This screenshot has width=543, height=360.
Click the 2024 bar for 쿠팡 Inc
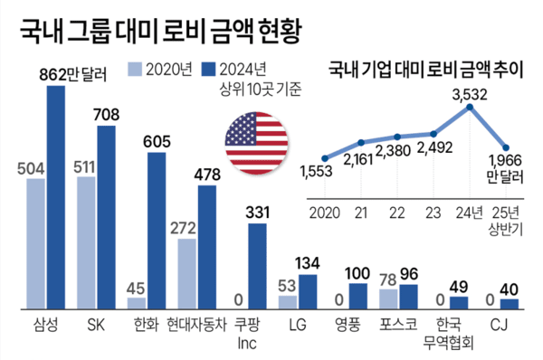257,261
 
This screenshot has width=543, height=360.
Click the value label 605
157,141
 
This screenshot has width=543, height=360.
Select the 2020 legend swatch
135,69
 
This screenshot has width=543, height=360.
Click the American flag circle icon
256,145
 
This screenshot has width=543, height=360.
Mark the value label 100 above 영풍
358,272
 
